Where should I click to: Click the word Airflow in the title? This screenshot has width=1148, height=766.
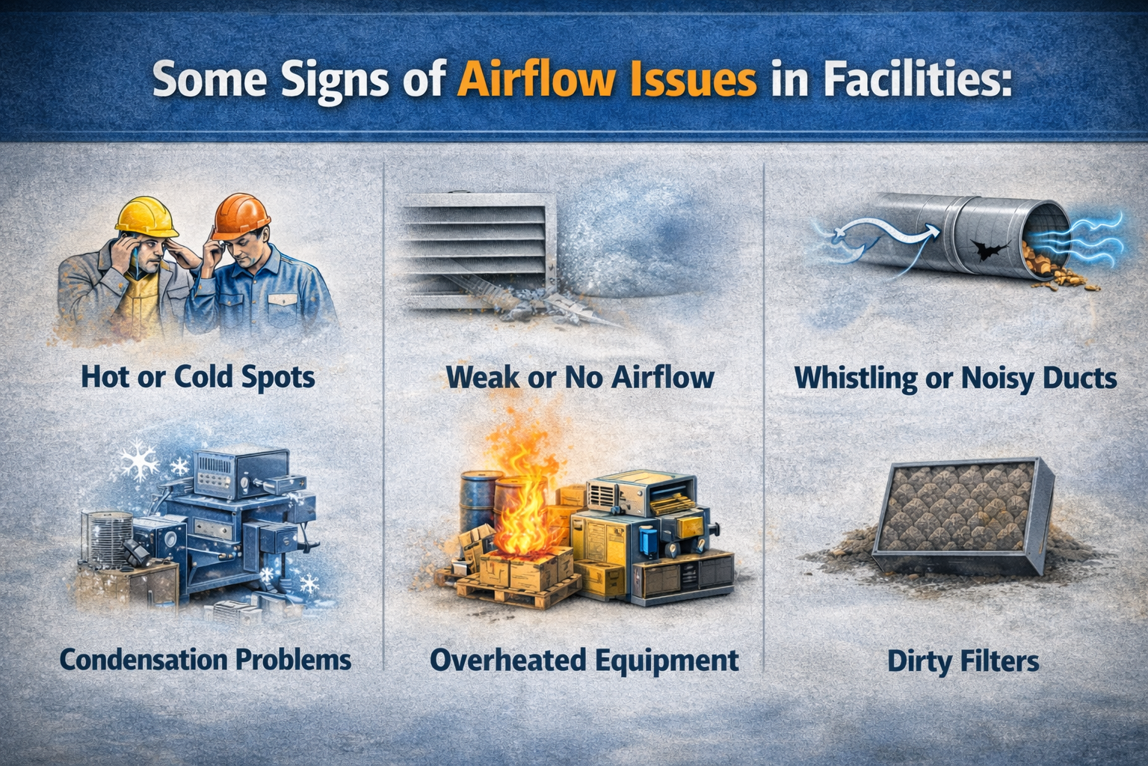click(536, 80)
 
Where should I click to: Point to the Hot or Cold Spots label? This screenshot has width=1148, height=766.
click(197, 376)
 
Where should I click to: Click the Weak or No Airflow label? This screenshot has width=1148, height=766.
click(579, 376)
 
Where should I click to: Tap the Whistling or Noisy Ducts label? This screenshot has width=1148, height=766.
click(955, 378)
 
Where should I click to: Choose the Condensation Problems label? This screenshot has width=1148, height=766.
click(205, 660)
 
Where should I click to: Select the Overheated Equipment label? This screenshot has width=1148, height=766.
click(584, 660)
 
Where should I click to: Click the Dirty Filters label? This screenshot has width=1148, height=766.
click(963, 661)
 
